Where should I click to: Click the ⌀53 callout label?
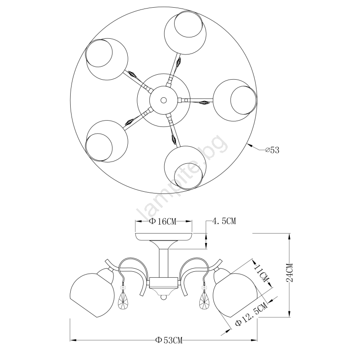[272, 150]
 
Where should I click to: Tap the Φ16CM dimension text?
[162, 221]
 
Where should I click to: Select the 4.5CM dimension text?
[224, 221]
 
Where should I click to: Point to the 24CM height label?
[290, 272]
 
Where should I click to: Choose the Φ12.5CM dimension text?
[252, 314]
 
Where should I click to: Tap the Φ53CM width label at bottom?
[169, 340]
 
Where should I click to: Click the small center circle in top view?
[163, 100]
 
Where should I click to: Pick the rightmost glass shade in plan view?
[234, 100]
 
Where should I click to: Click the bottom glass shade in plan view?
[185, 167]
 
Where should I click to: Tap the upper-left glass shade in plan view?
[107, 59]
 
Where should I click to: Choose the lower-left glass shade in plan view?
[107, 141]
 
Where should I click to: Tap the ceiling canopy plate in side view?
[164, 237]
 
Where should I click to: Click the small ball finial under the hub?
[163, 297]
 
